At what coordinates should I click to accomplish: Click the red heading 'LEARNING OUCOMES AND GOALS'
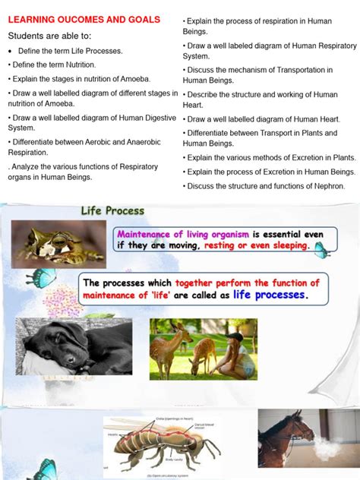click(x=84, y=20)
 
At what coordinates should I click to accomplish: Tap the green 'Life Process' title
click(x=112, y=210)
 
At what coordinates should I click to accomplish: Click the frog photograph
click(x=57, y=244)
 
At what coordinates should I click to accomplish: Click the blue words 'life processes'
click(x=270, y=295)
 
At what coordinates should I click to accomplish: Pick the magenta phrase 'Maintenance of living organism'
click(x=182, y=233)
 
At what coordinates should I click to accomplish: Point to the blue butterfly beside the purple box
click(x=321, y=247)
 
